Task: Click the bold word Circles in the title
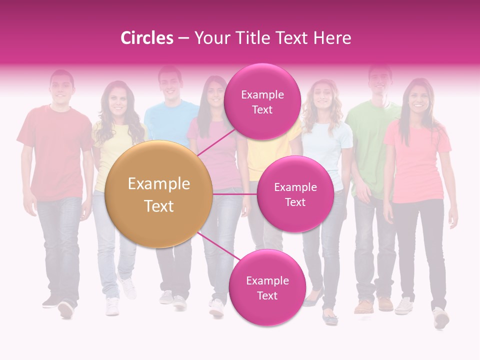tap(147, 38)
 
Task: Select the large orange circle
tap(159, 194)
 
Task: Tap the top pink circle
tap(262, 101)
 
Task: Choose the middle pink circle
tap(295, 194)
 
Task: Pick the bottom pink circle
tap(267, 287)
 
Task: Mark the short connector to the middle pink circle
tap(235, 194)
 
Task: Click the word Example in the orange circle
tap(159, 184)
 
